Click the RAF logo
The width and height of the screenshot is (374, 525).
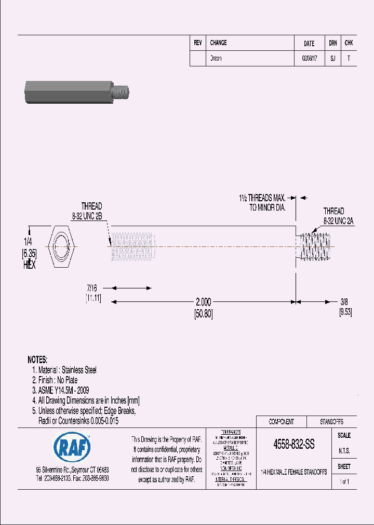point(72,448)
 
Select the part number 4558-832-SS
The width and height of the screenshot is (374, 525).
point(293,445)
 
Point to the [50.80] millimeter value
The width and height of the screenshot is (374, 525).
point(203,313)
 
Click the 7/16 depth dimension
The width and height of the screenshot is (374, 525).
point(92,287)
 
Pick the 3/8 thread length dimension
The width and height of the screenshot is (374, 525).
point(344,301)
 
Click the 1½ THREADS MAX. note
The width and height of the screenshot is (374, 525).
point(262,198)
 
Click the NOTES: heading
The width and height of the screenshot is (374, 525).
point(37,360)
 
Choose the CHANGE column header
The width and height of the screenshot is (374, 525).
point(218,43)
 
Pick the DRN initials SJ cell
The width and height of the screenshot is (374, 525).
point(332,59)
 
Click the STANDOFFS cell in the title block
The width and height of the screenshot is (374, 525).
point(330,422)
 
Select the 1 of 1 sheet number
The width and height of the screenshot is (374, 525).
point(344,482)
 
